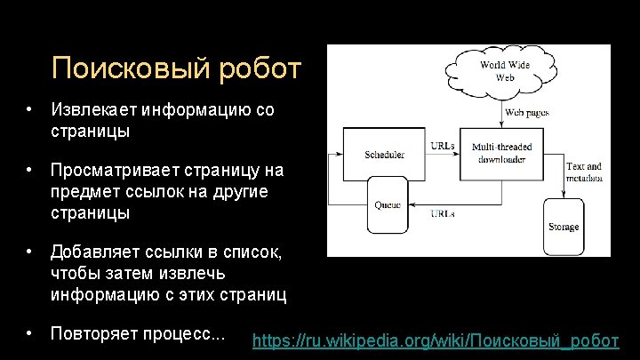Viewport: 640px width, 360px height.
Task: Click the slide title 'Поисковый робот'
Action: (x=177, y=68)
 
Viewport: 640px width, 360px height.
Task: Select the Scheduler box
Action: (x=384, y=153)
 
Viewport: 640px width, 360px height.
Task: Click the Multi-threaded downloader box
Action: (x=502, y=153)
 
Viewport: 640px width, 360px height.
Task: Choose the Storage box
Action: (x=564, y=227)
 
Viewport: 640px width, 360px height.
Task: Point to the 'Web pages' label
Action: (x=526, y=113)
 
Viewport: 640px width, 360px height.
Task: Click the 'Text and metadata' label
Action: (x=583, y=172)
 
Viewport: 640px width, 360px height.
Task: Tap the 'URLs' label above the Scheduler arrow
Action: (x=442, y=145)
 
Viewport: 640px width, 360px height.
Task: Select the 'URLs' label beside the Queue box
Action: (x=444, y=213)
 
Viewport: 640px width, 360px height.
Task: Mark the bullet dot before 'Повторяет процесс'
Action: (x=29, y=334)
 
